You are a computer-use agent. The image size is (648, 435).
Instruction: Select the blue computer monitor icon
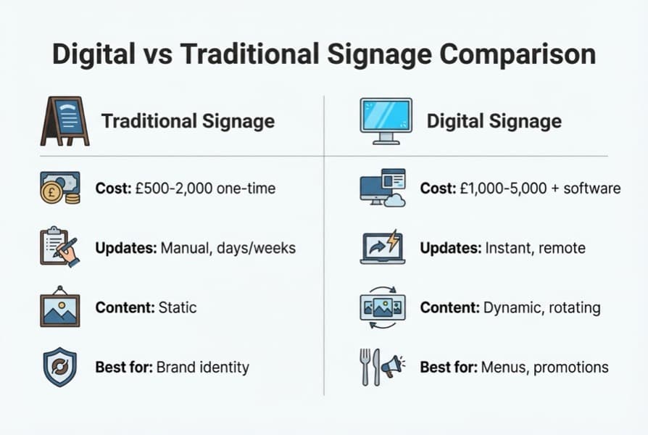pos(386,120)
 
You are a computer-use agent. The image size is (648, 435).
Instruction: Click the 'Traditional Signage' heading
pos(188,120)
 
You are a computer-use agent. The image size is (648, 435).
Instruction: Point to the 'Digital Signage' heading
pos(494,120)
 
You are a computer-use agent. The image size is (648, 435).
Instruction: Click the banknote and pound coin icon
pos(59,188)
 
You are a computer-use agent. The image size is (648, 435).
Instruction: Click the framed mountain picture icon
pos(59,307)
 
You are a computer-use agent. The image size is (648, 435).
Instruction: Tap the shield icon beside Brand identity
pos(59,367)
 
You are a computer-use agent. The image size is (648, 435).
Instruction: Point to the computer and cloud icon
pos(383,188)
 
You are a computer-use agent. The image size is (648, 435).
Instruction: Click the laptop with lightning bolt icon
pos(383,247)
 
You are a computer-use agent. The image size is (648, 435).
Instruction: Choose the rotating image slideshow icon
pos(383,307)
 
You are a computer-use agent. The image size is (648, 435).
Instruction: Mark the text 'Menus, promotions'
pos(544,367)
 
